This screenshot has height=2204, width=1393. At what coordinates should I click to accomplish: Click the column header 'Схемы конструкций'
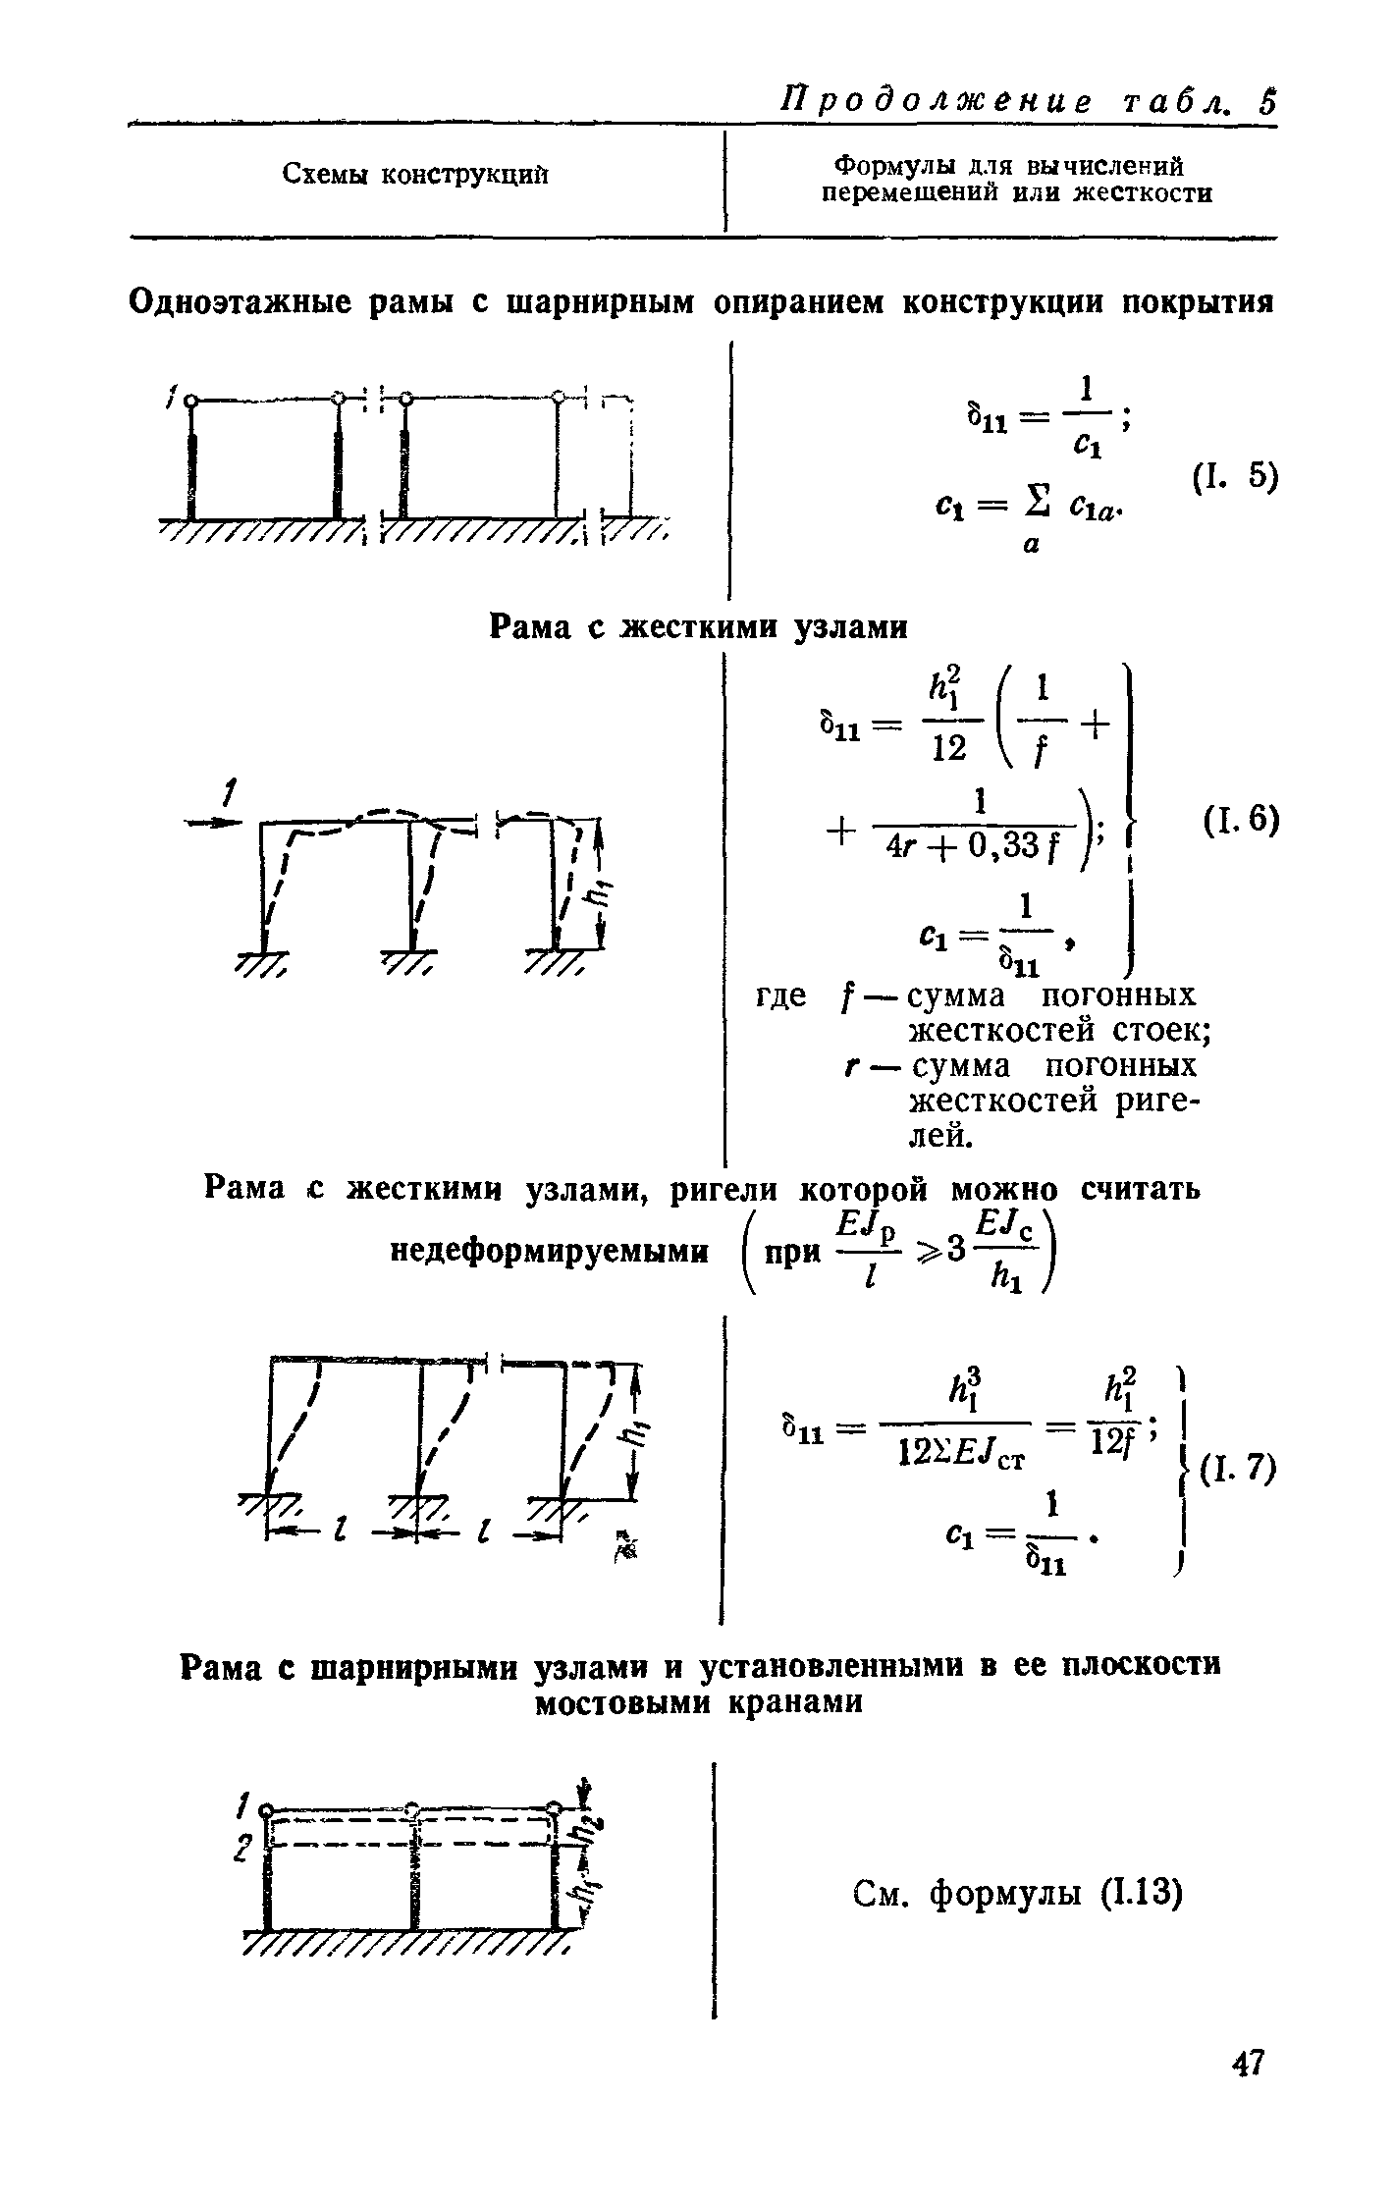415,175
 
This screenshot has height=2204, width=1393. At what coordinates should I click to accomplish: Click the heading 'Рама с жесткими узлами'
698,626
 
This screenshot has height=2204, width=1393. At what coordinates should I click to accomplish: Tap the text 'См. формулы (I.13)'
1016,1890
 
